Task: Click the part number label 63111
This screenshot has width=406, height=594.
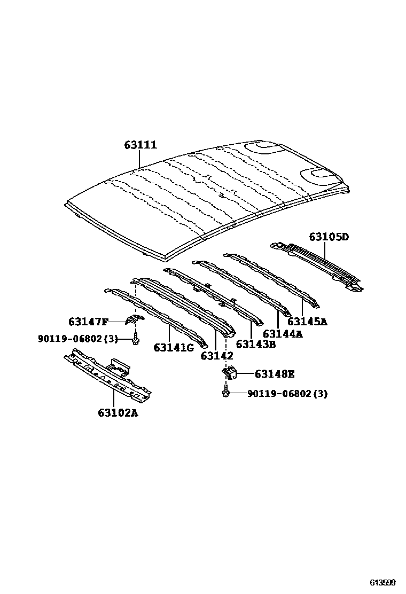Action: click(x=140, y=145)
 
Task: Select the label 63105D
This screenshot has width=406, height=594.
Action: click(x=329, y=237)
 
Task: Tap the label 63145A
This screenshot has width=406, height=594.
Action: click(x=308, y=321)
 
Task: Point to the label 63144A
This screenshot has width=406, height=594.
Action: click(x=283, y=334)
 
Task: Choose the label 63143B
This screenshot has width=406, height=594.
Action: click(x=255, y=345)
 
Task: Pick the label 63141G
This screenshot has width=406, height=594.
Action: click(x=174, y=347)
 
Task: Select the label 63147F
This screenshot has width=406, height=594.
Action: click(x=88, y=322)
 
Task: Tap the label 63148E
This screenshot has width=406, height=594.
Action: click(x=275, y=374)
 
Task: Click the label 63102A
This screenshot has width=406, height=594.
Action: click(x=118, y=412)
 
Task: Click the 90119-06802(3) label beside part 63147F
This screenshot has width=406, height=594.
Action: click(x=77, y=339)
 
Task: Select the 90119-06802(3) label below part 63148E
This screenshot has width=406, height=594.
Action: click(x=287, y=394)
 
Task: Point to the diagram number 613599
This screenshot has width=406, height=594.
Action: click(x=384, y=582)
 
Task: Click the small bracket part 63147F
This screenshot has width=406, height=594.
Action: click(x=134, y=319)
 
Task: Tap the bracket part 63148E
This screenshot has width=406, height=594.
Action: click(x=230, y=373)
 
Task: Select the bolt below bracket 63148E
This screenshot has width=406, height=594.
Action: click(x=225, y=394)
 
